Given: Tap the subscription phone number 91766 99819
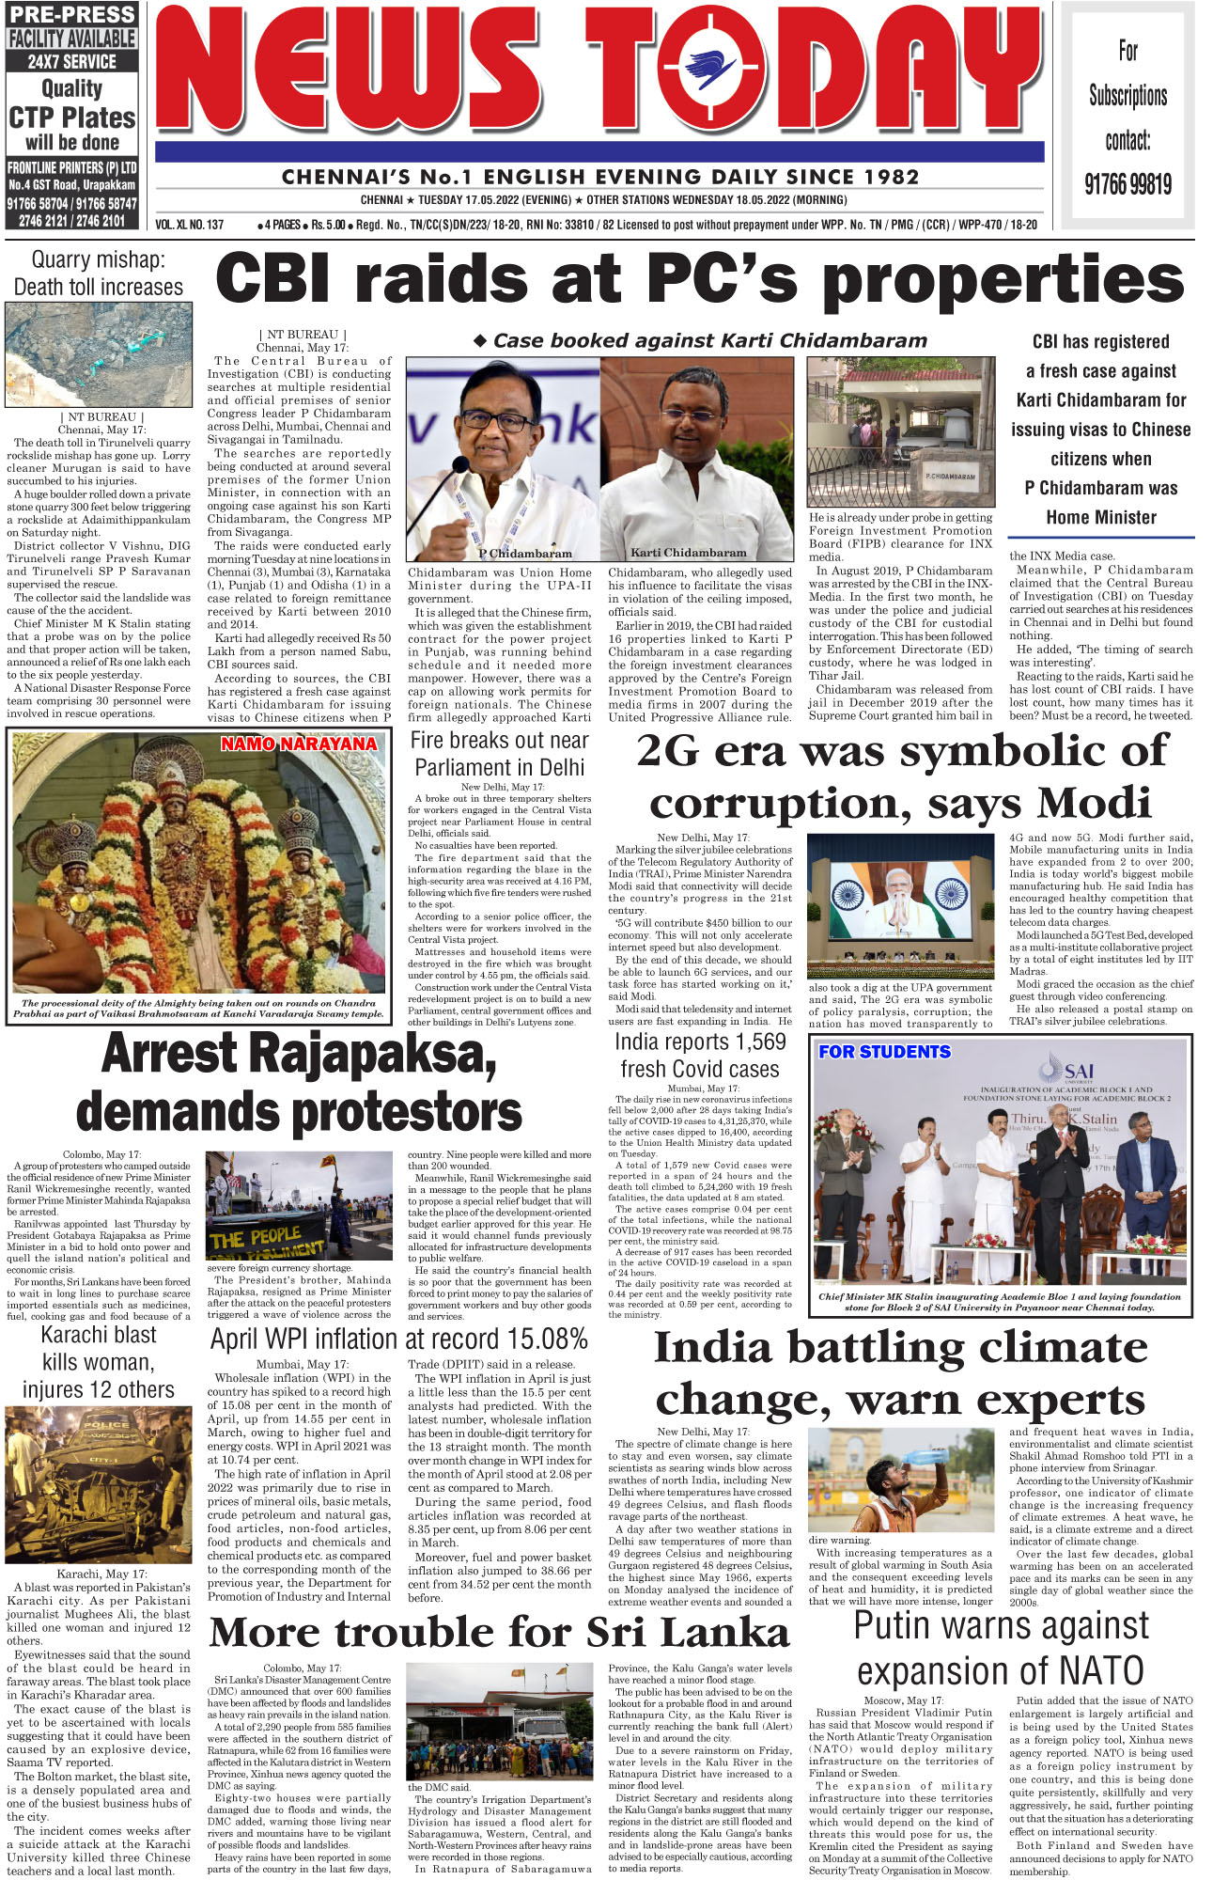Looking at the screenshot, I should [1127, 183].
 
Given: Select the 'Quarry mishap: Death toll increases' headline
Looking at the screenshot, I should [99, 274].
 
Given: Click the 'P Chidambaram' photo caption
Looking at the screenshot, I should [525, 554].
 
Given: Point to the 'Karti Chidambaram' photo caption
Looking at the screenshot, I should [689, 553].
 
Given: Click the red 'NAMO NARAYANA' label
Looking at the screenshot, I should [299, 744].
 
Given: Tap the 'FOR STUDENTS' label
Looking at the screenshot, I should [884, 1052].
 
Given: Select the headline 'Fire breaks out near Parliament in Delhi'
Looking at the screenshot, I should [500, 754].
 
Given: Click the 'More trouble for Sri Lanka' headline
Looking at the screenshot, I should [499, 1634].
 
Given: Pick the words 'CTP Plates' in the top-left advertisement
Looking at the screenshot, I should [72, 117].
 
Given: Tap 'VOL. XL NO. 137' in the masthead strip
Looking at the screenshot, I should [190, 225].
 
